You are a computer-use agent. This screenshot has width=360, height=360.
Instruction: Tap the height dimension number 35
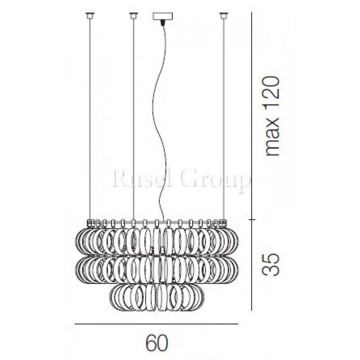pyautogui.click(x=271, y=264)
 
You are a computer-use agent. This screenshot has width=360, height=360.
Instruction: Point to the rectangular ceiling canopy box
pyautogui.click(x=162, y=16)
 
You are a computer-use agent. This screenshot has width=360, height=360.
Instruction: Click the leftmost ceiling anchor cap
pyautogui.click(x=90, y=16)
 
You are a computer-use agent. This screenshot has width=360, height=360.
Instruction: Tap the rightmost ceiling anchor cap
pyautogui.click(x=223, y=16)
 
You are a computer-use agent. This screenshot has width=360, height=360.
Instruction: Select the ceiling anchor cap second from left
pyautogui.click(x=133, y=16)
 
